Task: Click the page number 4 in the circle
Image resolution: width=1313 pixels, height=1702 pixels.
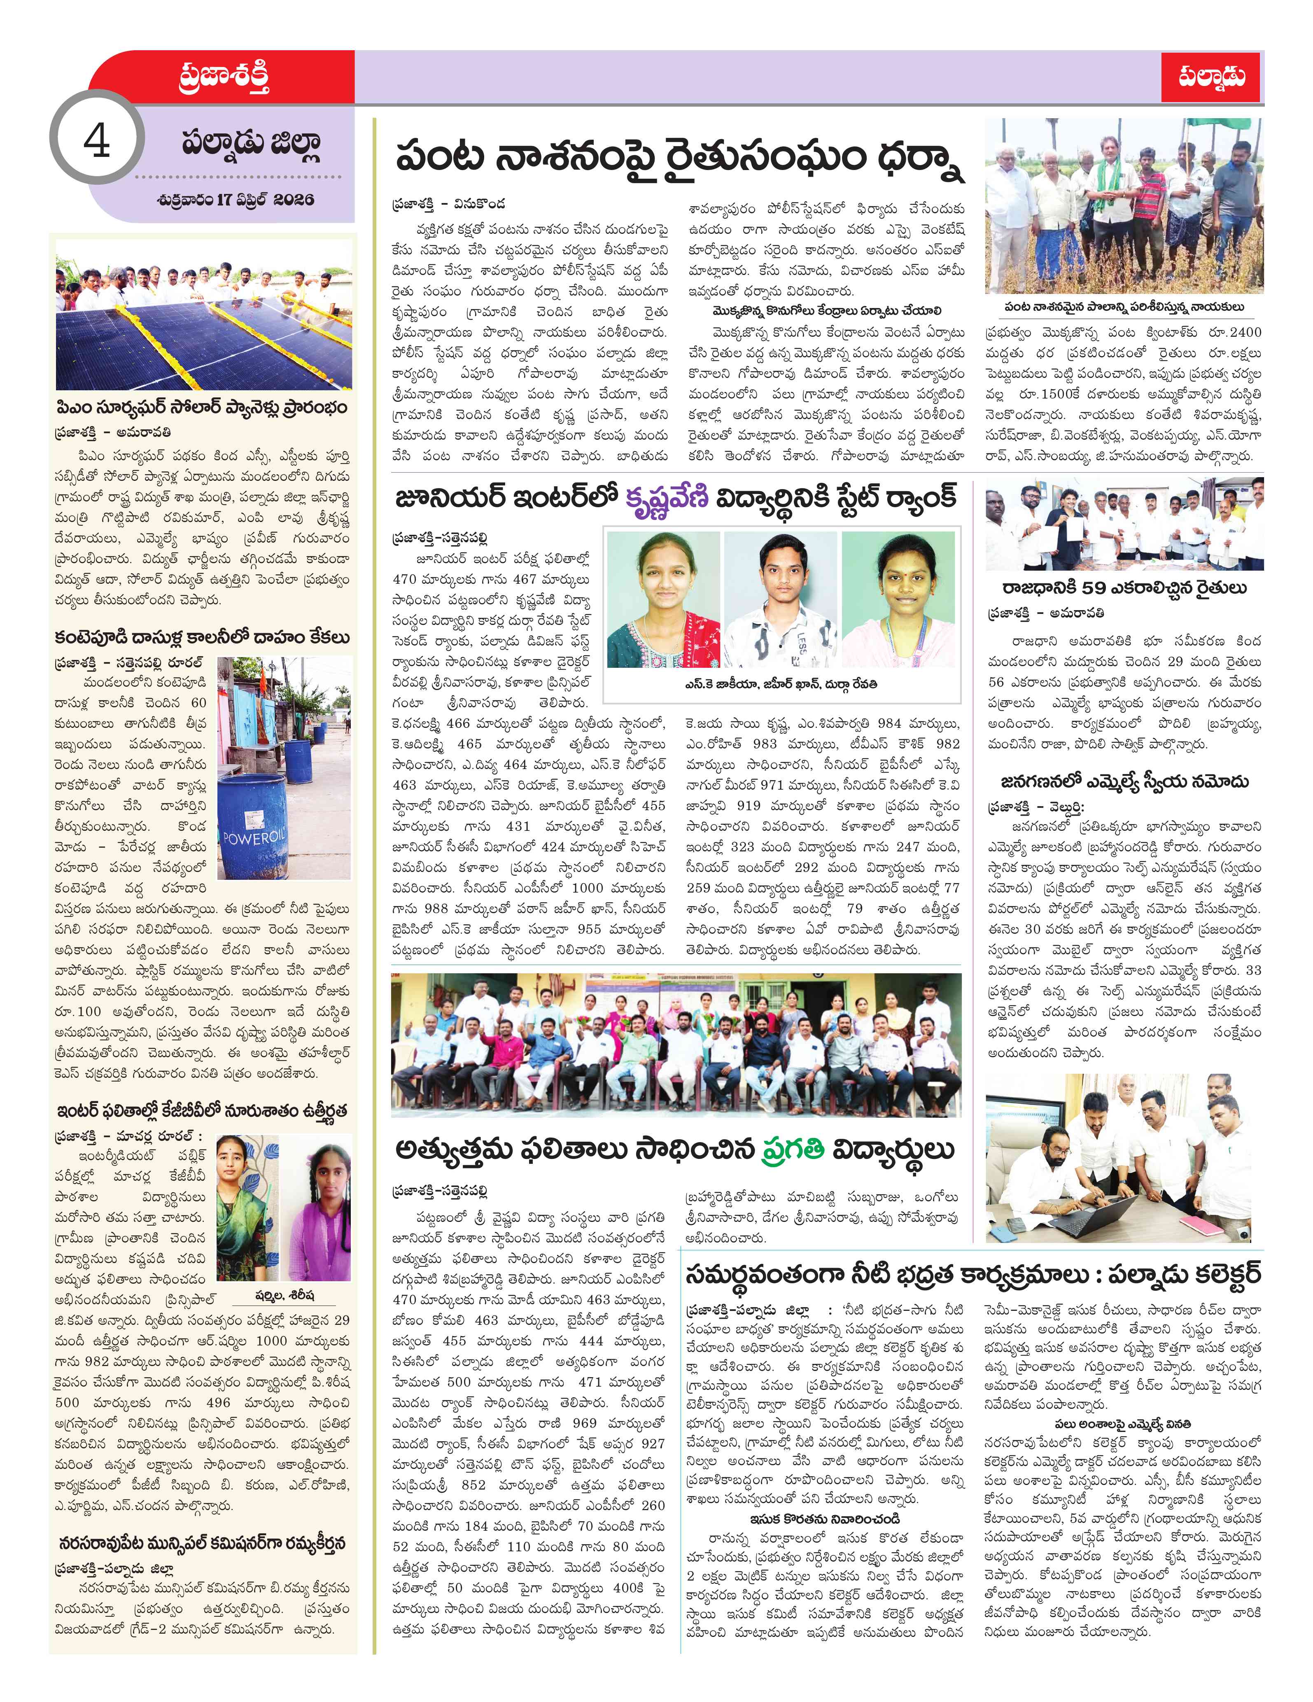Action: pyautogui.click(x=97, y=141)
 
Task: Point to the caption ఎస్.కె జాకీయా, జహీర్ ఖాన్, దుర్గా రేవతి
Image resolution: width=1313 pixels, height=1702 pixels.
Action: pyautogui.click(x=781, y=683)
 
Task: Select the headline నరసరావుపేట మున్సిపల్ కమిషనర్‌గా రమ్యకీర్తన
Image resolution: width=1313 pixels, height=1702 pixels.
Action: pyautogui.click(x=201, y=1544)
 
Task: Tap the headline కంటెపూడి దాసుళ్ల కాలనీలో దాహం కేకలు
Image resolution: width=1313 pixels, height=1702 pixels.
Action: pyautogui.click(x=201, y=637)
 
